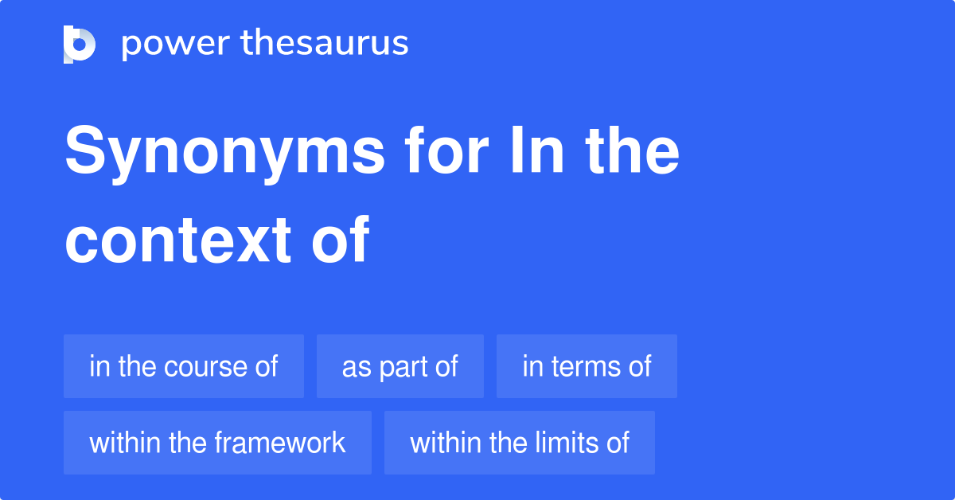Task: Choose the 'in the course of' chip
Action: (x=184, y=366)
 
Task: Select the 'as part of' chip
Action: (x=400, y=366)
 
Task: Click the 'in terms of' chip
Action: (x=587, y=366)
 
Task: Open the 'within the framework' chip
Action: (x=217, y=443)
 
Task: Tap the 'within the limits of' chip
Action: (x=520, y=443)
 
